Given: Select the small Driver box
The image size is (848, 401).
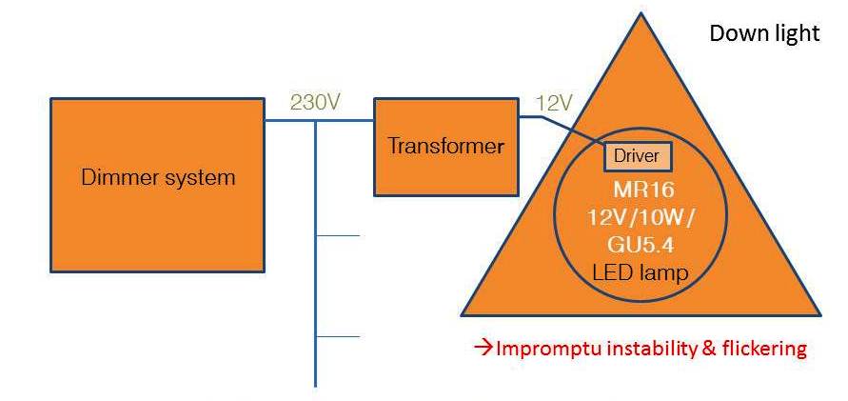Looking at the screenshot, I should click(x=636, y=155).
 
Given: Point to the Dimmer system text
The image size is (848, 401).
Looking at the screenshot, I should click(x=158, y=177).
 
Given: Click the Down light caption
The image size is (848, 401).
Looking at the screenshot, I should click(x=764, y=33).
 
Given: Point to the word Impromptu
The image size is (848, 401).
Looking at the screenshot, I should click(x=541, y=349).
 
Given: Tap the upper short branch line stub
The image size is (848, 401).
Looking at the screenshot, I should click(x=337, y=235).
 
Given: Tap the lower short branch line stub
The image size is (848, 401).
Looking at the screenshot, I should click(x=337, y=336).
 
